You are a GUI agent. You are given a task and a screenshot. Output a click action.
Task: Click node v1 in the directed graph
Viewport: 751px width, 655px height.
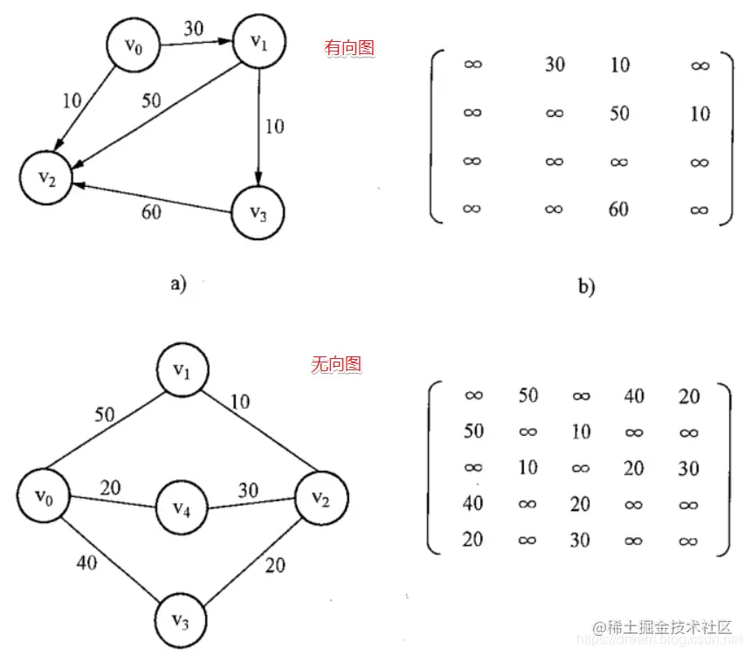point(259,45)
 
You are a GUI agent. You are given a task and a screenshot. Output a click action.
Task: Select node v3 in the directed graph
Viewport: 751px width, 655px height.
point(259,215)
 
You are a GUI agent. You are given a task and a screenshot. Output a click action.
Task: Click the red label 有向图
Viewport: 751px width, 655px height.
point(349,48)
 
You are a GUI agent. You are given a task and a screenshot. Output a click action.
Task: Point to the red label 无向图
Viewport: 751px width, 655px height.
point(336,364)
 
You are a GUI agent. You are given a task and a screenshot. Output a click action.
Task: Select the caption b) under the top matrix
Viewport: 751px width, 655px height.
point(586,286)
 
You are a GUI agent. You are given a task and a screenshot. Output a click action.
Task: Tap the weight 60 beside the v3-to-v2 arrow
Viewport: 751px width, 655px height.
point(151,212)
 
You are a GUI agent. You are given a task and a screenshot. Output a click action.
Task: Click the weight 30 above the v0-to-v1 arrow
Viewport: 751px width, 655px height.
point(194,29)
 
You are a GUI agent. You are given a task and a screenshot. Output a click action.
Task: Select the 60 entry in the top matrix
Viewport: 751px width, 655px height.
point(619,209)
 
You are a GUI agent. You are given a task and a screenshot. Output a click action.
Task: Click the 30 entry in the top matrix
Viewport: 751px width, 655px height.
point(555,65)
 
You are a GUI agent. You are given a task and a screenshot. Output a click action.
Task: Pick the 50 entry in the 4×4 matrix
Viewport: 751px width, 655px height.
point(619,114)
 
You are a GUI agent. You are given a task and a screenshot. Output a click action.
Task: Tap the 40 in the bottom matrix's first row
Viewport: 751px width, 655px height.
point(634,396)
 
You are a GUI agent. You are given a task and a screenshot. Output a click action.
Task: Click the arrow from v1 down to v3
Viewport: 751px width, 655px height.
point(259,127)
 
